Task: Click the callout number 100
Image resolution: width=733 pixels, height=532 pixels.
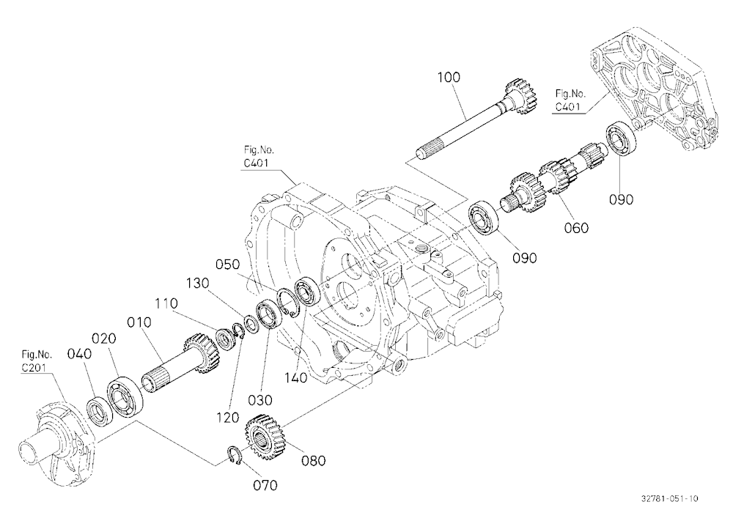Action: click(x=449, y=77)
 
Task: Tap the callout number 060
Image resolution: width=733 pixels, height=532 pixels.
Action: click(x=576, y=228)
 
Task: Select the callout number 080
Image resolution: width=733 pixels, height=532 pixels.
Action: click(x=313, y=460)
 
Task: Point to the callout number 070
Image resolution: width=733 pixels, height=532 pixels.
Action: click(x=265, y=485)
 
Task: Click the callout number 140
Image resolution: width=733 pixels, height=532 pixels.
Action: click(x=296, y=377)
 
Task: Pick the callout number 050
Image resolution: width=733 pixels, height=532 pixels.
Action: click(x=228, y=265)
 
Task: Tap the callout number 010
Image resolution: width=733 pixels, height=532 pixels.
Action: click(x=139, y=322)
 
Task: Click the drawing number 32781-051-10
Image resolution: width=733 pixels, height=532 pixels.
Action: click(x=669, y=498)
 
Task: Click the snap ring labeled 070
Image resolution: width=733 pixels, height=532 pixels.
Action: click(x=235, y=456)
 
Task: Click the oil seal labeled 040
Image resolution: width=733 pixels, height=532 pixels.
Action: click(x=99, y=411)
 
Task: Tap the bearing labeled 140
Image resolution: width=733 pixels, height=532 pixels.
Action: click(x=307, y=291)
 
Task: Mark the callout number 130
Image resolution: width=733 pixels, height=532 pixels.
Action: click(x=198, y=284)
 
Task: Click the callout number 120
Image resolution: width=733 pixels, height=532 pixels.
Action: click(x=228, y=418)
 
